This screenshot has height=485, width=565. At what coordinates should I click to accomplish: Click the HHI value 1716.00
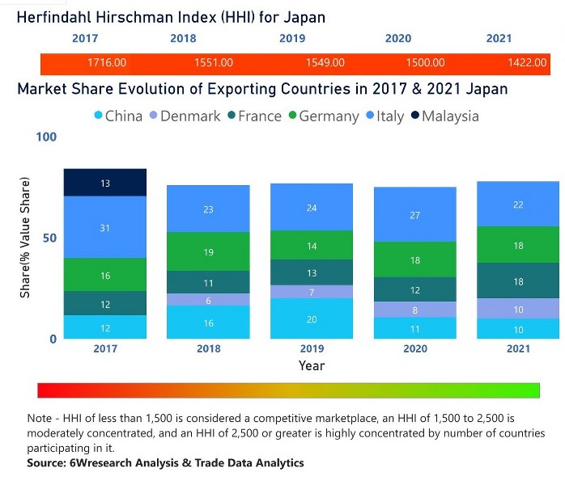pyautogui.click(x=107, y=63)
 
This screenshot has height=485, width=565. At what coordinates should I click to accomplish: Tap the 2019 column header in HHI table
pyautogui.click(x=292, y=38)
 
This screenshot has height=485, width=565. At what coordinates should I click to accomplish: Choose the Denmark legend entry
pyautogui.click(x=183, y=116)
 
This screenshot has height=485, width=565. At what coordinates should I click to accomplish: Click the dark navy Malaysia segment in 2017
pyautogui.click(x=105, y=183)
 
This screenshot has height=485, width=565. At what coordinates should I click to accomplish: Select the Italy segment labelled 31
pyautogui.click(x=105, y=228)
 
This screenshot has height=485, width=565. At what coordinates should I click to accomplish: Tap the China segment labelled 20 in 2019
pyautogui.click(x=312, y=318)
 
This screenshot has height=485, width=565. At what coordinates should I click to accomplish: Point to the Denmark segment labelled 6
pyautogui.click(x=208, y=300)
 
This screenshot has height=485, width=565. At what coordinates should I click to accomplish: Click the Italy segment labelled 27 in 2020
pyautogui.click(x=414, y=215)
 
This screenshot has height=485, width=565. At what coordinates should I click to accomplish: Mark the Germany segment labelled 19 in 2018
pyautogui.click(x=208, y=252)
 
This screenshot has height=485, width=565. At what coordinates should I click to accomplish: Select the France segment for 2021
pyautogui.click(x=518, y=281)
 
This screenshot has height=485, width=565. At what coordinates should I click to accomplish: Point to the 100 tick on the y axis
pyautogui.click(x=47, y=137)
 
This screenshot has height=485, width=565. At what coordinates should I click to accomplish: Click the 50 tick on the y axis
pyautogui.click(x=50, y=238)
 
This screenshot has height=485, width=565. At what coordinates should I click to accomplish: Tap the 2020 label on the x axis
pyautogui.click(x=414, y=348)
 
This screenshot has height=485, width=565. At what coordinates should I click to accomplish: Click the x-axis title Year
pyautogui.click(x=312, y=366)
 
